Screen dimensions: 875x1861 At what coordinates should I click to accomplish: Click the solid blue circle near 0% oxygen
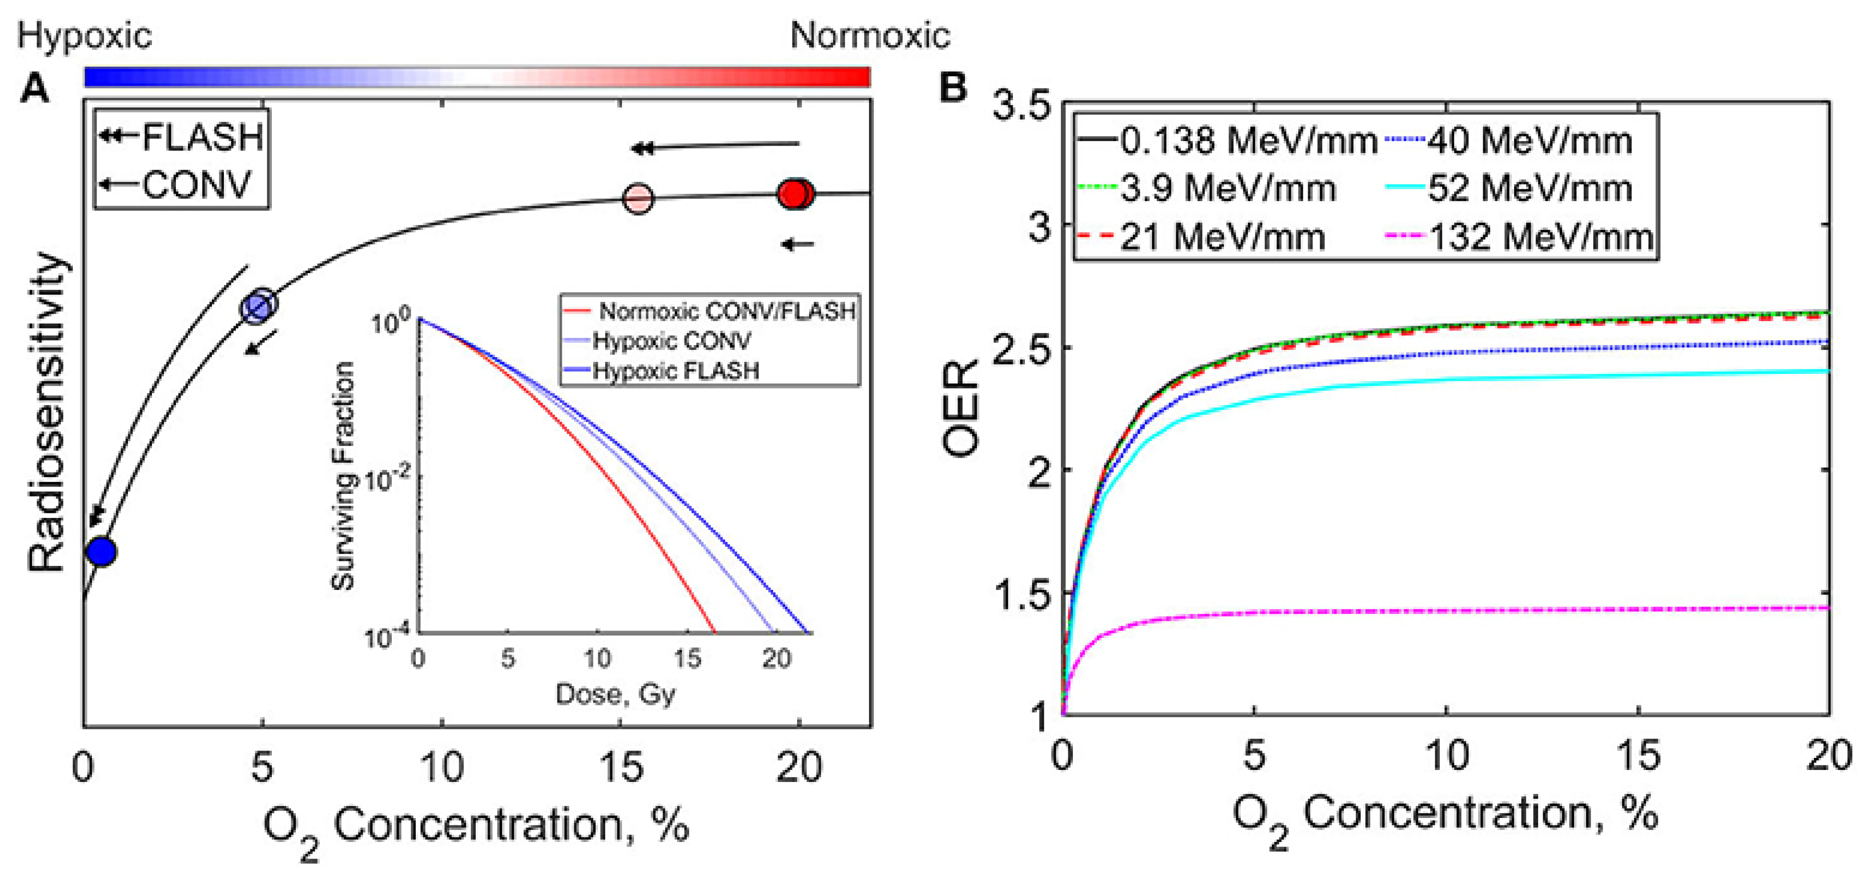click(x=101, y=551)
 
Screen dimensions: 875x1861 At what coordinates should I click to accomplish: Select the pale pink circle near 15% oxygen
click(x=638, y=197)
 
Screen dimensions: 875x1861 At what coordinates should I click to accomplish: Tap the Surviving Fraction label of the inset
click(x=342, y=475)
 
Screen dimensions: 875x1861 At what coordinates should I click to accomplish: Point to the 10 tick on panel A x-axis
click(x=441, y=767)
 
